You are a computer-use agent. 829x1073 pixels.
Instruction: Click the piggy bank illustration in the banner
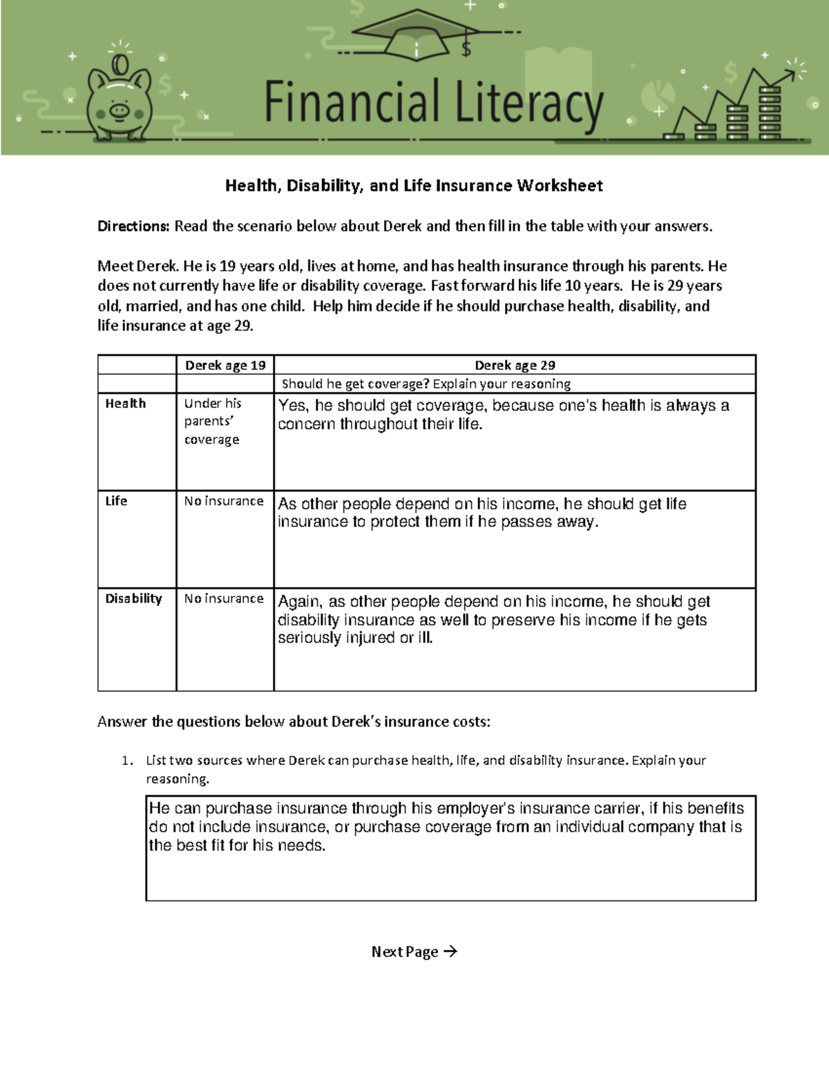[118, 100]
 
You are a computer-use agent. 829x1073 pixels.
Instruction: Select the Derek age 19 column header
[225, 365]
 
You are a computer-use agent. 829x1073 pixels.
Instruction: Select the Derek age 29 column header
[515, 365]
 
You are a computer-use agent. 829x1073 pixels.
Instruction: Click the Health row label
[125, 403]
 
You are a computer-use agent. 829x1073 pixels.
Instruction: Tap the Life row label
[116, 501]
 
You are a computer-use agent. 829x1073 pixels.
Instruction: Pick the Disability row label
[133, 599]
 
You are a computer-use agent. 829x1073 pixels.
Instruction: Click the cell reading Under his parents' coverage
[212, 421]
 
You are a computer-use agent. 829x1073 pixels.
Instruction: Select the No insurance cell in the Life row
[224, 501]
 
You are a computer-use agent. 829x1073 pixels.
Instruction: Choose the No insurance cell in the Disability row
[224, 599]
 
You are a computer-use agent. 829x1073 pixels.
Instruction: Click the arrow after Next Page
[450, 951]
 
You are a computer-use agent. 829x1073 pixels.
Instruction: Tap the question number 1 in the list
[126, 761]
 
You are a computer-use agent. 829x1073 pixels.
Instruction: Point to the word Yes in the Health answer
[293, 406]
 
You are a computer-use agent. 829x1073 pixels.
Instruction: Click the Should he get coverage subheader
[426, 384]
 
